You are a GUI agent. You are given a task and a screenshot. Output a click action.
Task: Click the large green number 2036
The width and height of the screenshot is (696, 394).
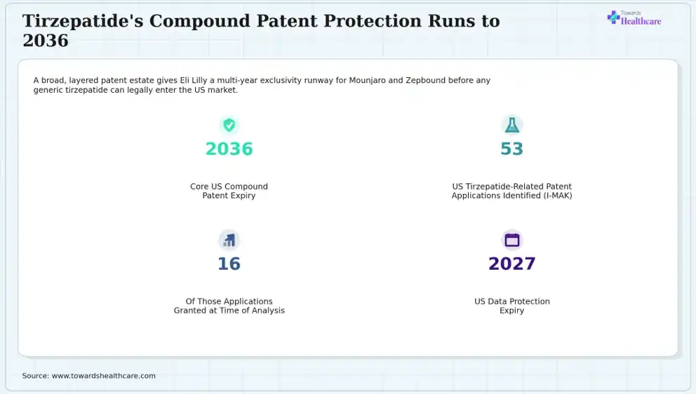point(229,149)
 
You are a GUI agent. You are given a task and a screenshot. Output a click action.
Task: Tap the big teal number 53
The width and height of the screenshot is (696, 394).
point(511,149)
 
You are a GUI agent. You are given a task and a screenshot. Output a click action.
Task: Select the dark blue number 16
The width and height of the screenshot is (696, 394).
point(229,264)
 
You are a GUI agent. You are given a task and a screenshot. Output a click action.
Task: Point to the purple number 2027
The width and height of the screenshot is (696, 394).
point(511,264)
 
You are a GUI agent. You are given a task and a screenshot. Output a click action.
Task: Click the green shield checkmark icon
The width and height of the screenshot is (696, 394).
point(229,125)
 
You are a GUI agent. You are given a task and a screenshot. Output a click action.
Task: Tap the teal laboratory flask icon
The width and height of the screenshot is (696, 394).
point(511,125)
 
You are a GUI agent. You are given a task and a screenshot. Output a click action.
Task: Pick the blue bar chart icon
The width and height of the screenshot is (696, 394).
point(229,240)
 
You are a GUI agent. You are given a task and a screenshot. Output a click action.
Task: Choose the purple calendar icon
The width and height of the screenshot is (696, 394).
point(511,240)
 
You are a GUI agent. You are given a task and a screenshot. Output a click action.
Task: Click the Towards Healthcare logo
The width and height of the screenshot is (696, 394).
point(634,18)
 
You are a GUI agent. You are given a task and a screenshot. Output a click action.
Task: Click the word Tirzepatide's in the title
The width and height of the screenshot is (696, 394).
point(83,21)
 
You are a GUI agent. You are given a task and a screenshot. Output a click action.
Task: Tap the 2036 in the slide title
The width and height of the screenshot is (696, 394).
point(46,41)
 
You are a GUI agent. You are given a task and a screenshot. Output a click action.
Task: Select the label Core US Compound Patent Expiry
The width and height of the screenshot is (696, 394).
point(229,191)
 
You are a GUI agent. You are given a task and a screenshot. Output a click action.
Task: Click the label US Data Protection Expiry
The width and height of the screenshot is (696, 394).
point(511,306)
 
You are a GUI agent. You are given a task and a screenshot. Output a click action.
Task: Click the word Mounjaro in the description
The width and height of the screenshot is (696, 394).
point(367,80)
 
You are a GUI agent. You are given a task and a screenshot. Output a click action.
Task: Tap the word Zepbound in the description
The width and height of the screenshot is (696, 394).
point(425,80)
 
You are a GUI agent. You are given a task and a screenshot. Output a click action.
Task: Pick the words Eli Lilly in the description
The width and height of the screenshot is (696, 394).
point(194,80)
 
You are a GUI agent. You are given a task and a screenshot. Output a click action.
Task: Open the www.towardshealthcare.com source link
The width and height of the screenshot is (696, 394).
point(103,376)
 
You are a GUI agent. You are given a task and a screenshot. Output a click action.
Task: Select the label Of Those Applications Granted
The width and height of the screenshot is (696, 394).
point(229,306)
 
